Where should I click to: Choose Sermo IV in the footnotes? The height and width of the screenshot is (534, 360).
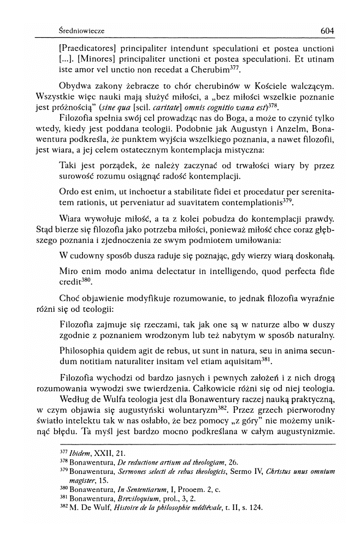pos(231,473)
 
